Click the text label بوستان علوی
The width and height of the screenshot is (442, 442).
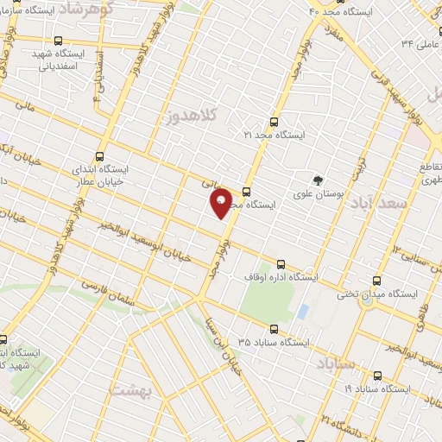pyautogui.click(x=319, y=196)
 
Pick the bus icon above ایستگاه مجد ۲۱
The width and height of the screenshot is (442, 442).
pyautogui.click(x=275, y=122)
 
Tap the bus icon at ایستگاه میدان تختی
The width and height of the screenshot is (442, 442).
pyautogui.click(x=376, y=281)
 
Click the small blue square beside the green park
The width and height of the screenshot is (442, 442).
pyautogui.click(x=302, y=311)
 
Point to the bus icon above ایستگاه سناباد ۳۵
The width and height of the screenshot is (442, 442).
pyautogui.click(x=275, y=329)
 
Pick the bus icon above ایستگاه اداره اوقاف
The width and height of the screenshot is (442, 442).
pyautogui.click(x=280, y=264)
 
